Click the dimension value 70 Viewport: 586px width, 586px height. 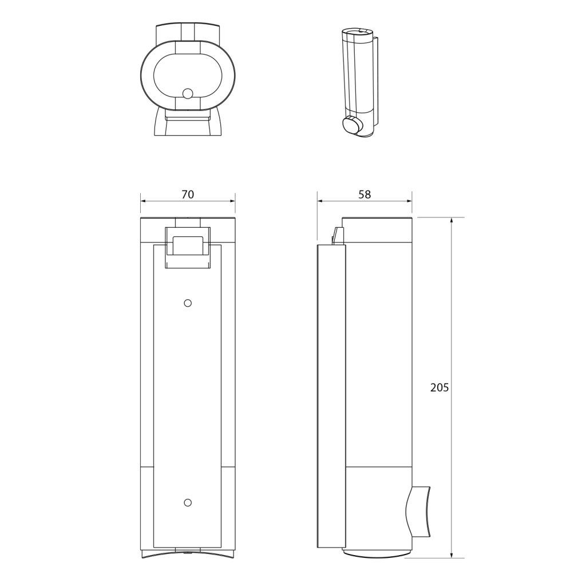pyautogui.click(x=188, y=195)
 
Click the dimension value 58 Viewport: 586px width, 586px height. pyautogui.click(x=365, y=195)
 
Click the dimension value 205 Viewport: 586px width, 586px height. pyautogui.click(x=439, y=387)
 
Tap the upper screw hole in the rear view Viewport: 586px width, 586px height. pyautogui.click(x=188, y=303)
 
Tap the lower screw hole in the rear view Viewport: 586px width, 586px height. pyautogui.click(x=188, y=502)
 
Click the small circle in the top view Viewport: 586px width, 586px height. pyautogui.click(x=188, y=93)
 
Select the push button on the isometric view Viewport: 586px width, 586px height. pyautogui.click(x=352, y=125)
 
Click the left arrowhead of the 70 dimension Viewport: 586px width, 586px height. pyautogui.click(x=143, y=201)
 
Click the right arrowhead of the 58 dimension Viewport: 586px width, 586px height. pyautogui.click(x=409, y=201)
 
